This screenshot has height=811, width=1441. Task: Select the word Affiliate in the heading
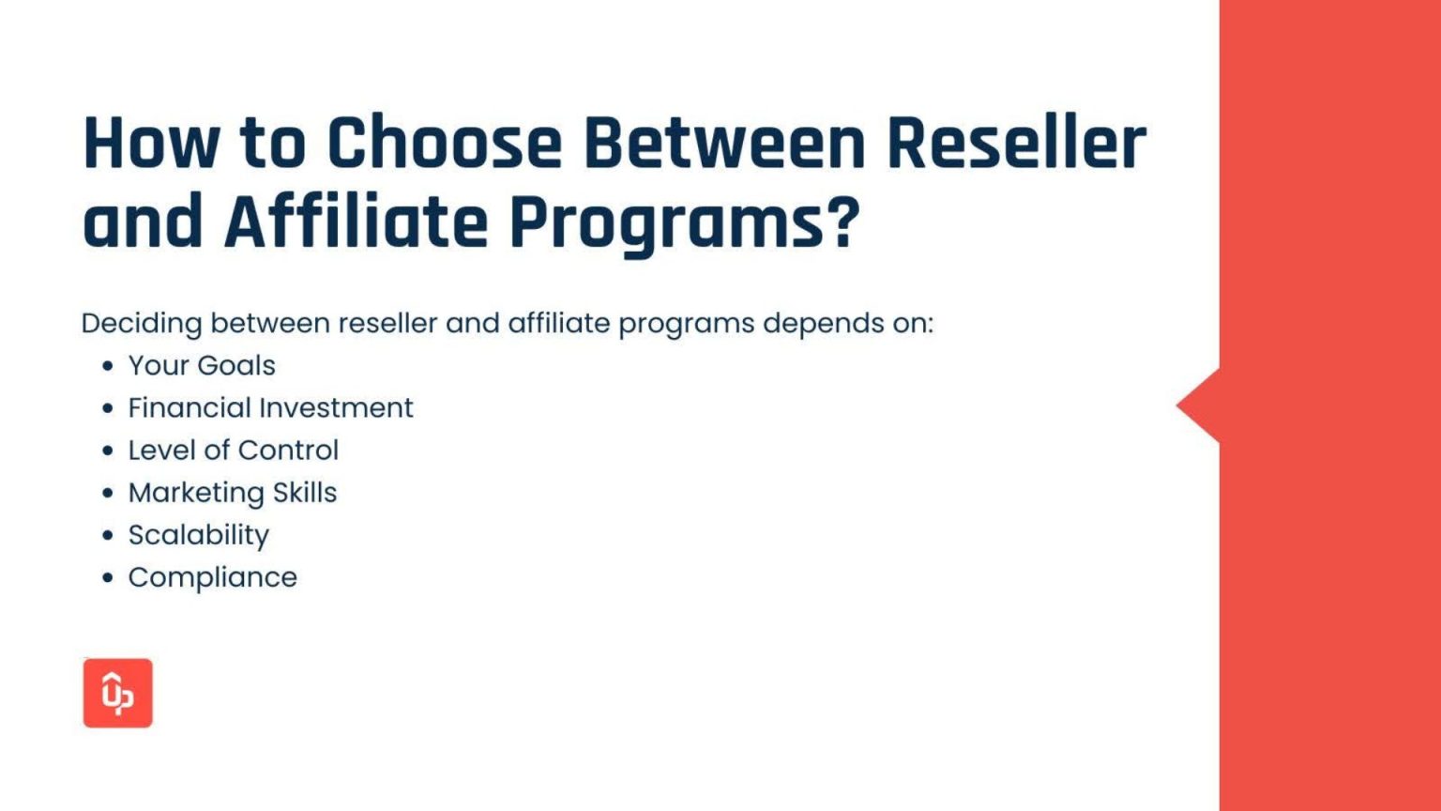[x=356, y=223]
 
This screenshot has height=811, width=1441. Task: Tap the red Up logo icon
[x=118, y=693]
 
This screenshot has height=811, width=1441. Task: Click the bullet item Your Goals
[x=202, y=365]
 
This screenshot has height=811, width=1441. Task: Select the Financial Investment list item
[x=270, y=407]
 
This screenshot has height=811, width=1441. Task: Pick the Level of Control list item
[x=233, y=450]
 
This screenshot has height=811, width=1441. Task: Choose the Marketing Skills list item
[x=232, y=492]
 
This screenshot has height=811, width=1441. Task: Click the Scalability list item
[x=198, y=535]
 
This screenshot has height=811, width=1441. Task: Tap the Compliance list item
[x=212, y=577]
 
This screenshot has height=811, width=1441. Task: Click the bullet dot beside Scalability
[x=108, y=535]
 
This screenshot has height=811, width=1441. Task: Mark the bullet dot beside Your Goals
[x=108, y=365]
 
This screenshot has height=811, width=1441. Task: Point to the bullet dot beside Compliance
[x=108, y=577]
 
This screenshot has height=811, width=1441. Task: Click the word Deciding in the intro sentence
[x=142, y=324]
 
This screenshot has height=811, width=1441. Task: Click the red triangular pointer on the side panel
[x=1201, y=405]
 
